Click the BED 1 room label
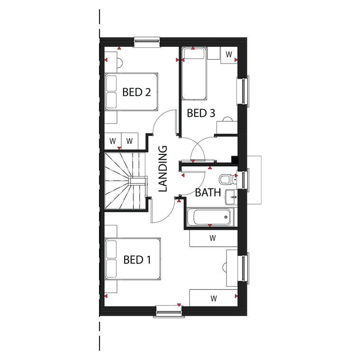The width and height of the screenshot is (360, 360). pyautogui.click(x=137, y=260)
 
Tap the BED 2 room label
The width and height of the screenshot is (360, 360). pyautogui.click(x=136, y=92)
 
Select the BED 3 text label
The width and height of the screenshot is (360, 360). pyautogui.click(x=201, y=113)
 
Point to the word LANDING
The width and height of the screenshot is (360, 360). pyautogui.click(x=163, y=169)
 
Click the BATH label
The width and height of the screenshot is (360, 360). pyautogui.click(x=208, y=192)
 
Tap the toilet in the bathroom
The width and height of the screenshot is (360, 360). pyautogui.click(x=228, y=179)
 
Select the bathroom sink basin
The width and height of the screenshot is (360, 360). pyautogui.click(x=231, y=197)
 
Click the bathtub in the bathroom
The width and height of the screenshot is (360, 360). pyautogui.click(x=210, y=217)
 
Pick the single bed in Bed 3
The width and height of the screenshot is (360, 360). pyautogui.click(x=194, y=73)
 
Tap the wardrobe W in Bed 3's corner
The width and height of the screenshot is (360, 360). pyautogui.click(x=229, y=54)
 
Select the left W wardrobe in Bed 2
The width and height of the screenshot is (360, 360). pyautogui.click(x=113, y=141)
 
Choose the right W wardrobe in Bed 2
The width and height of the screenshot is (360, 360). pyautogui.click(x=130, y=141)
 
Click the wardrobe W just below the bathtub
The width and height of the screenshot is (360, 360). pyautogui.click(x=213, y=238)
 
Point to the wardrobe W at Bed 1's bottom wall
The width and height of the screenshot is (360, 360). pyautogui.click(x=214, y=298)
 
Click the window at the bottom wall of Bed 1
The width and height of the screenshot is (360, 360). pyautogui.click(x=169, y=311)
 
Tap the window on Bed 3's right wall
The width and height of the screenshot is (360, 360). pyautogui.click(x=243, y=91)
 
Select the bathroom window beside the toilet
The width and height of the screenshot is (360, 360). pyautogui.click(x=243, y=180)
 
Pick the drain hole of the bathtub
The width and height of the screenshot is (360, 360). pyautogui.click(x=226, y=217)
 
